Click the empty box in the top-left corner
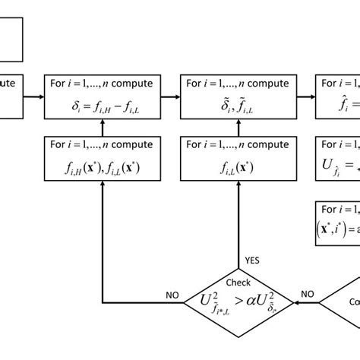(x=11, y=35)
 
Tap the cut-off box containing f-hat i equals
(x=339, y=96)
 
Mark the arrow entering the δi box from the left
(x=34, y=96)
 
